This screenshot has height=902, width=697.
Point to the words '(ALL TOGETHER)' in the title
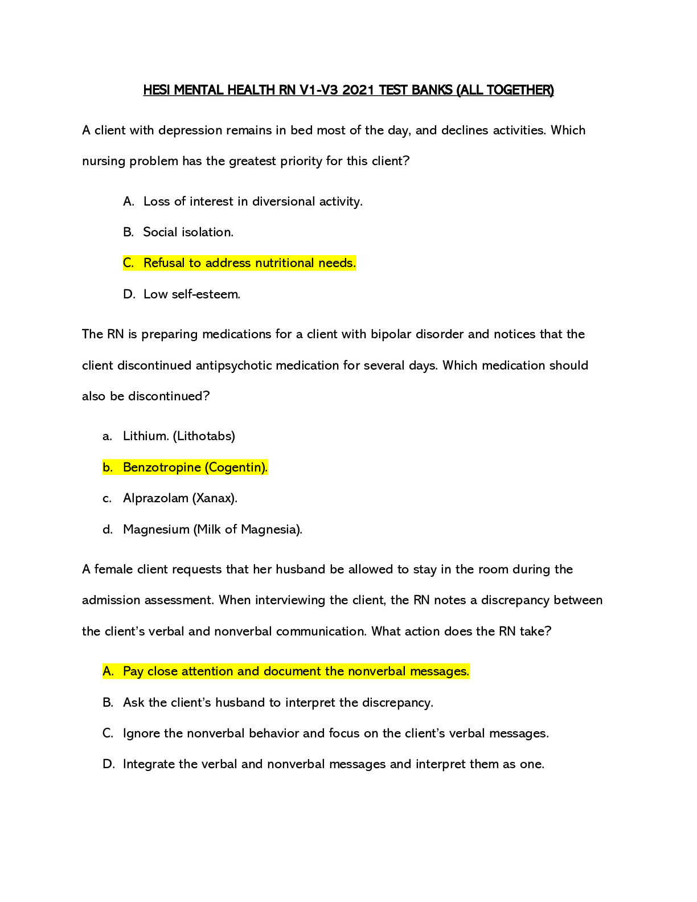point(505,89)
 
